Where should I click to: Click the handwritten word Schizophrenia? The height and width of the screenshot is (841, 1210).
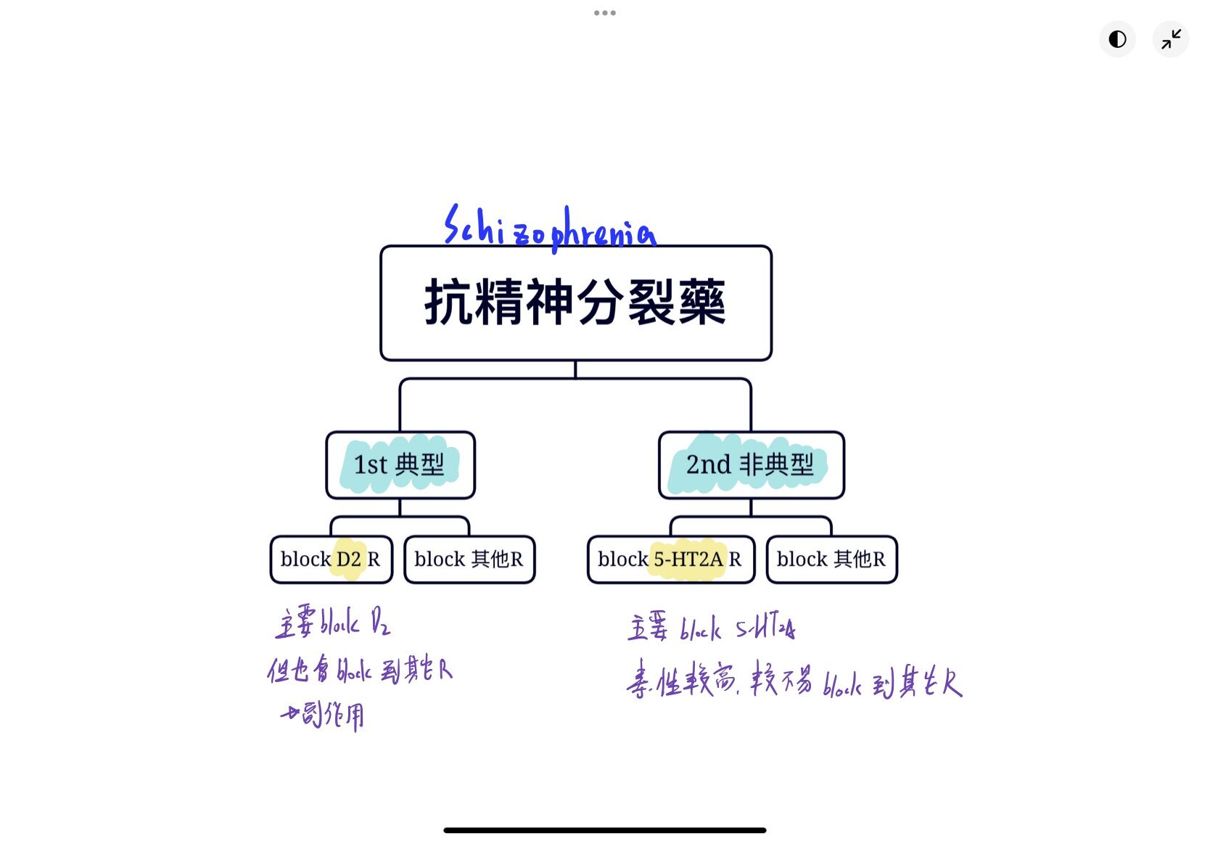550,228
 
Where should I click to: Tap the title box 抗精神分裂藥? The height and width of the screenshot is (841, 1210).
575,303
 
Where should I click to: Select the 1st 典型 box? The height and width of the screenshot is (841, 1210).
400,464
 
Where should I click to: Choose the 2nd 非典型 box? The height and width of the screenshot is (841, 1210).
751,464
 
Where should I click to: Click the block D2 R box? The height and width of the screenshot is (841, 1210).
331,559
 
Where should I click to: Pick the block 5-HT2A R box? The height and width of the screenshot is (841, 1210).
670,559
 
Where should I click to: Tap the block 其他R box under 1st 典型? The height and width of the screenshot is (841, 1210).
469,559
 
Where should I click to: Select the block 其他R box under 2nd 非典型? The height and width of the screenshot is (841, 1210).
831,559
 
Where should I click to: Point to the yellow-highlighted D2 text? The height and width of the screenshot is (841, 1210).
349,559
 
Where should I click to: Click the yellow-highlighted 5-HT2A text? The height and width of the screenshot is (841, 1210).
688,559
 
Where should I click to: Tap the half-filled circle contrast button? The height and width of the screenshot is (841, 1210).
1117,38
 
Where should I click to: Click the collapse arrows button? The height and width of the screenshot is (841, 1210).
1171,38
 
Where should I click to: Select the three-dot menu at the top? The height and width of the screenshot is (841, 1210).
604,12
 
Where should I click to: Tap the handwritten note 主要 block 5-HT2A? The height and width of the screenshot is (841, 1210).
711,627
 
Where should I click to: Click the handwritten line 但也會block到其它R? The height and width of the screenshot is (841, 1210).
360,670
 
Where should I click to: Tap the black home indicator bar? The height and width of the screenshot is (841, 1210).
604,830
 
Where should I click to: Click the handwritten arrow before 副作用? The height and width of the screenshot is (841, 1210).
289,714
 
